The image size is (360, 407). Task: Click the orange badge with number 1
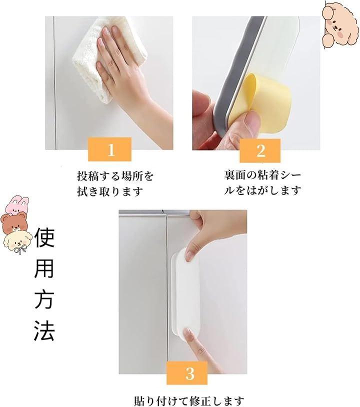tap(109, 149)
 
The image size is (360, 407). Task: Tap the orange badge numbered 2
tap(260, 150)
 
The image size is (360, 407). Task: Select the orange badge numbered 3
tap(187, 373)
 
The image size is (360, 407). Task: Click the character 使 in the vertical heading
tap(44, 237)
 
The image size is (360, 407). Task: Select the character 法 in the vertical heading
tap(44, 330)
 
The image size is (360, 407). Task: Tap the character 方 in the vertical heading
tap(44, 299)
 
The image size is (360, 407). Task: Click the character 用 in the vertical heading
tap(44, 268)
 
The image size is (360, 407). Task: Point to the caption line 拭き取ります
tap(110, 192)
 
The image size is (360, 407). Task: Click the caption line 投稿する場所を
tap(115, 176)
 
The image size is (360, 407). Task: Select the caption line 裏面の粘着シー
tap(262, 175)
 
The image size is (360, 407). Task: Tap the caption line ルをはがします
tap(262, 190)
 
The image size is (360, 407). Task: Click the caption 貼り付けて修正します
tap(189, 401)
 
